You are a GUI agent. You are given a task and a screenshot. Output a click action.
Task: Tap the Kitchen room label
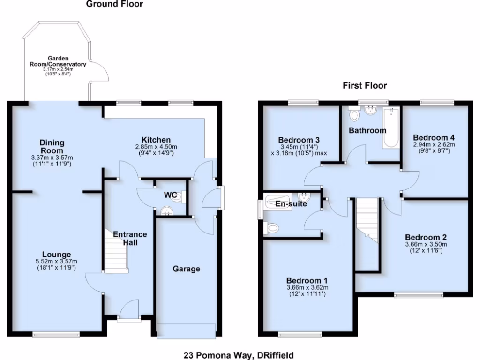point(156,140)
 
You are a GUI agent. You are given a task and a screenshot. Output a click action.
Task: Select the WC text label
point(170,195)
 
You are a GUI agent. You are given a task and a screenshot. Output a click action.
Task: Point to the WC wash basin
point(166,212)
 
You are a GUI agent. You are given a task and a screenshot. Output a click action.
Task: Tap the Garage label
point(186,269)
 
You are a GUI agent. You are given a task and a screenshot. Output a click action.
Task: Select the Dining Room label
point(52,147)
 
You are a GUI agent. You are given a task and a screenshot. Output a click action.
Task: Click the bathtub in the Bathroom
point(390,127)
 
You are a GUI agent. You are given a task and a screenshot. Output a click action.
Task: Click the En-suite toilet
point(271,228)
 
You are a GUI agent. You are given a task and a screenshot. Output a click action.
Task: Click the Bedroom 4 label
point(434,138)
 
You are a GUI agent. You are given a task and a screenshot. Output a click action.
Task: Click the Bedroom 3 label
point(299,140)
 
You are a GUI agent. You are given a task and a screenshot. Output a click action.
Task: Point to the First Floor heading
point(365,85)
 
